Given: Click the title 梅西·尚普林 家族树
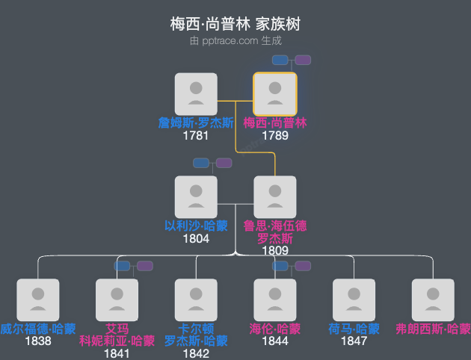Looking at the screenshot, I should tap(235, 25).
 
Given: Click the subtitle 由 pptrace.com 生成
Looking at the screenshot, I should tap(235, 40).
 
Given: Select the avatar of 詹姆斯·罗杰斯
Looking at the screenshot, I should tap(196, 94).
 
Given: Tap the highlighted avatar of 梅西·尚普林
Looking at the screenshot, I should tap(275, 94).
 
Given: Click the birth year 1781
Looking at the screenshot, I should tap(196, 136).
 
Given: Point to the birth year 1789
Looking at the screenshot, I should tap(275, 136).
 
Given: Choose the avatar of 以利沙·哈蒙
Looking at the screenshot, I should tap(196, 197).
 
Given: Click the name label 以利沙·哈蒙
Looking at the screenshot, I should tap(196, 226).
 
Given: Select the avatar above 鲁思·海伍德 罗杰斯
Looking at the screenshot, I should tap(275, 197).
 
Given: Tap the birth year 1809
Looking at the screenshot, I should tap(275, 251).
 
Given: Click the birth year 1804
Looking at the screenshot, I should tap(196, 239).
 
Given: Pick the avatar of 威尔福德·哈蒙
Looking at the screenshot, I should tap(38, 300).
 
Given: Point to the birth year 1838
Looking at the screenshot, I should tap(38, 341).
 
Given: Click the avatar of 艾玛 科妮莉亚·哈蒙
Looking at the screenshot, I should tap(117, 300).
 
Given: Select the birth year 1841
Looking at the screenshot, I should tap(117, 353).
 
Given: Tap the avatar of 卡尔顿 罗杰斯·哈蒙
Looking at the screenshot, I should tap(196, 300).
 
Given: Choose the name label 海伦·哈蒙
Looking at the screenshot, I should tap(275, 329).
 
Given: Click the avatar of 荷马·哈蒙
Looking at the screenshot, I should tap(354, 300).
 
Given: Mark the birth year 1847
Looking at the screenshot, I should tap(354, 341).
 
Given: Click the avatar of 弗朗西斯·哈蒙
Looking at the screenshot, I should tap(434, 300).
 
